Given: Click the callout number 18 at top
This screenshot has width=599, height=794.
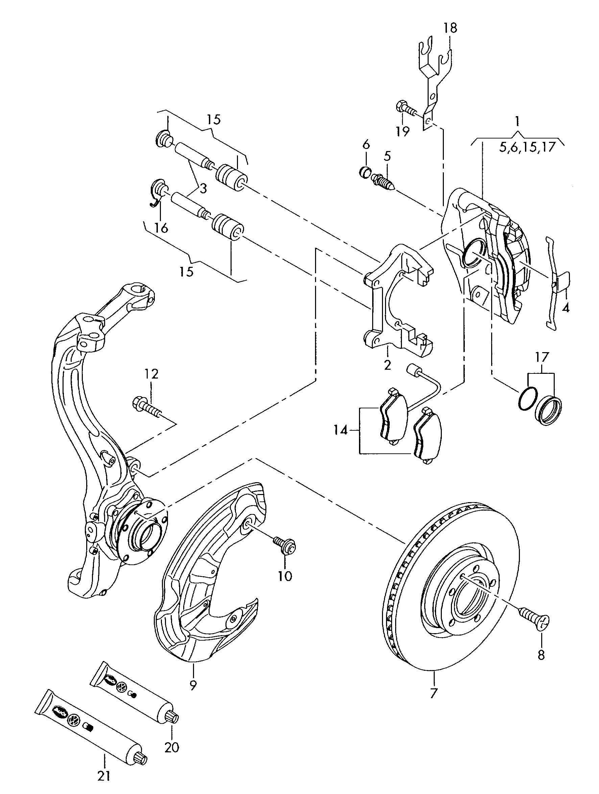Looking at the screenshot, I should pos(450,28).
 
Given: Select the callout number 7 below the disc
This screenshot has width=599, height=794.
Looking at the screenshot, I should pos(434,692).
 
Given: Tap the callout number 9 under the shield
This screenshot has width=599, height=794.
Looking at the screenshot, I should pos(193,686).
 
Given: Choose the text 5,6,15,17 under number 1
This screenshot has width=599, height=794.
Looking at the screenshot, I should pos(527,147).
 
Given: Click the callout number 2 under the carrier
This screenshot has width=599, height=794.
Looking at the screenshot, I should pos(387,365).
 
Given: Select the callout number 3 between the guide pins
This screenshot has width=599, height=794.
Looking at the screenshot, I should pos(203,188).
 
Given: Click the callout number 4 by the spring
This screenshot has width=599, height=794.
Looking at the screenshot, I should pos(565,308).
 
